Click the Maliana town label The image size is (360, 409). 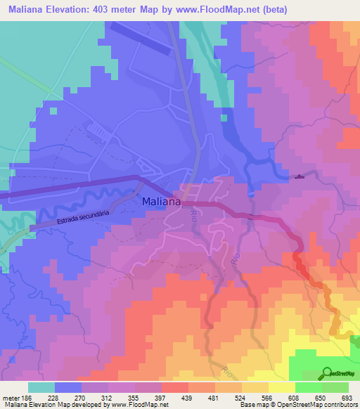pos(162,202)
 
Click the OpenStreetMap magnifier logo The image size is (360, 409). pos(328,373)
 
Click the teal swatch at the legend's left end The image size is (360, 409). pos(41,387)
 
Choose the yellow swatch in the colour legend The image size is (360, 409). pos(282,387)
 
